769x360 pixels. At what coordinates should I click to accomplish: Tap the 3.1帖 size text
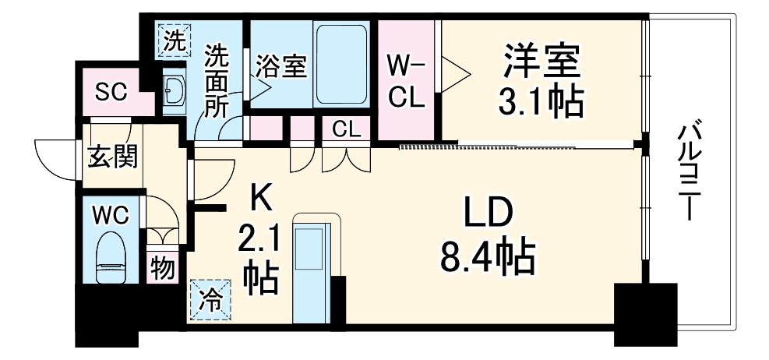pos(542,101)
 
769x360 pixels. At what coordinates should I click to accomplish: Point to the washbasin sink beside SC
pos(173,91)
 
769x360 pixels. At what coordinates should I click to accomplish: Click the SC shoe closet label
pos(111,91)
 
